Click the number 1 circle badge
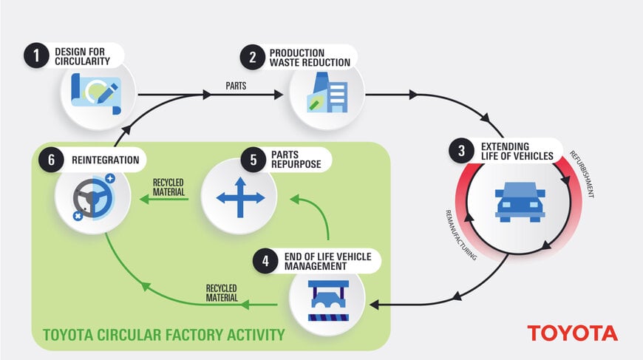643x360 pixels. (x=35, y=56)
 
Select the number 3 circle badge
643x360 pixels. (x=462, y=151)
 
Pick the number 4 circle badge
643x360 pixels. (x=265, y=261)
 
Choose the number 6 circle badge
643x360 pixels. (x=51, y=160)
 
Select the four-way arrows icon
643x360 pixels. (x=239, y=198)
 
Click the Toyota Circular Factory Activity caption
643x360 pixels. (x=163, y=335)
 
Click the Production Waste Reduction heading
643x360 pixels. (x=309, y=58)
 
